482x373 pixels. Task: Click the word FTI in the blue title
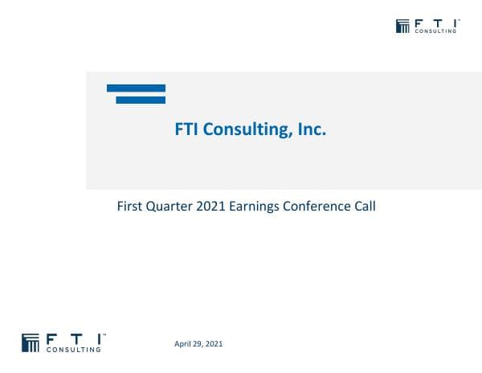187,129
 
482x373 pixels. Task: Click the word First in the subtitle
131,206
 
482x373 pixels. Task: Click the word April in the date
183,344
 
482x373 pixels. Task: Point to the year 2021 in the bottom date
214,344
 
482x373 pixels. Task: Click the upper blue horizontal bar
136,88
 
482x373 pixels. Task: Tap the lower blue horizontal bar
141,100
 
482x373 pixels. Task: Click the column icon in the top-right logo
402,26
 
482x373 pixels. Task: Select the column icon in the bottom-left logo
31,342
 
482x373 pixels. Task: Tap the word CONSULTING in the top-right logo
435,31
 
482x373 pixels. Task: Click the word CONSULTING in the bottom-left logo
75,350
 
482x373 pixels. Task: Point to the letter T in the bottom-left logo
73,338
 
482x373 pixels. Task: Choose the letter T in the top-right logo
435,23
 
